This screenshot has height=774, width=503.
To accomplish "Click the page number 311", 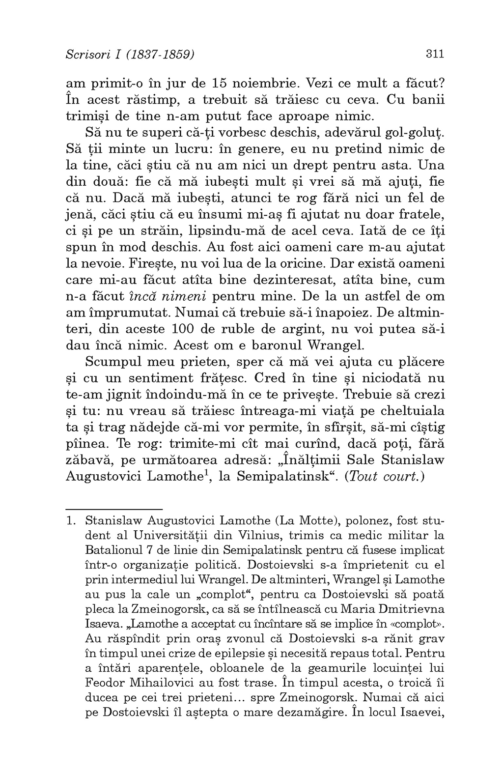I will tap(435, 54).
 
